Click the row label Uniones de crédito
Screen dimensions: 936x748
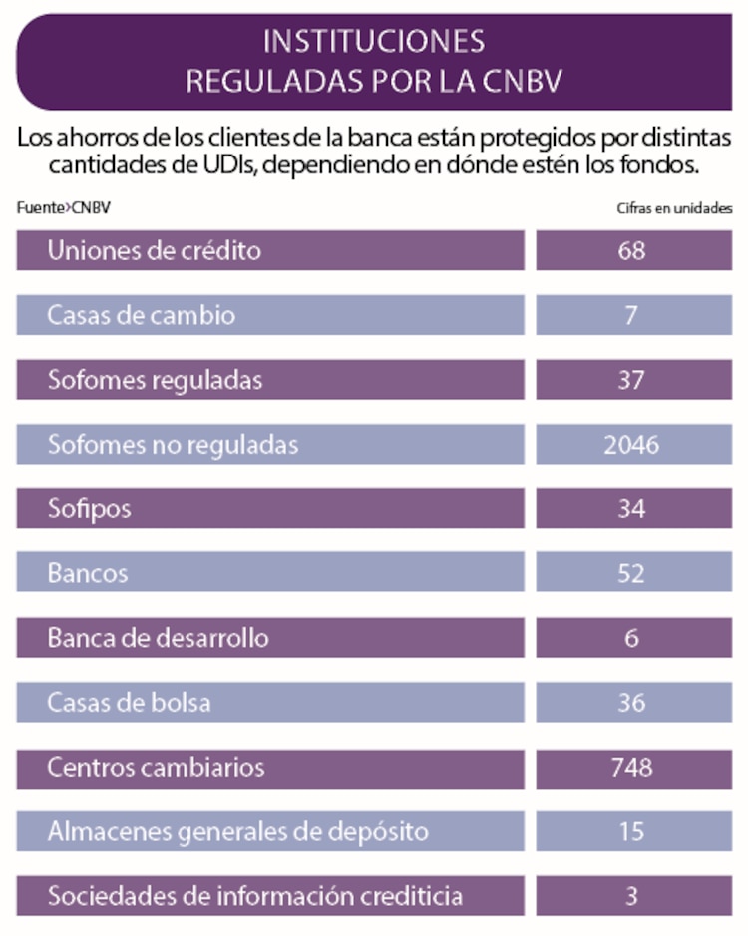point(155,251)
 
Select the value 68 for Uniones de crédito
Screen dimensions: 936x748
point(631,251)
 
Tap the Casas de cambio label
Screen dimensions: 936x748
point(142,316)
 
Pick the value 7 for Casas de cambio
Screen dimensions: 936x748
point(631,316)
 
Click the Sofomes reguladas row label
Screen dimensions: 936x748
point(156,380)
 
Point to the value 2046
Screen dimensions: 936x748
point(631,445)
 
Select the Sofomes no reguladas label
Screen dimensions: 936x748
point(173,445)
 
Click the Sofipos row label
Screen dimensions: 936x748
point(90,509)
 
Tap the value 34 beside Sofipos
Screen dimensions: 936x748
point(631,509)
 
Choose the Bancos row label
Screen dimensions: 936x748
point(88,574)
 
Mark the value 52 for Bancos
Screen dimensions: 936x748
point(631,574)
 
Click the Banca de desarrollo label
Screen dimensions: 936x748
point(159,638)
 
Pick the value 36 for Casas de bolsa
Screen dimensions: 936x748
point(631,703)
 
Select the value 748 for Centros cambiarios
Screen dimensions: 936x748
point(631,767)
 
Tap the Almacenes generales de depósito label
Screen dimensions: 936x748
point(238,831)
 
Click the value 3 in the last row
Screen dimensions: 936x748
point(631,896)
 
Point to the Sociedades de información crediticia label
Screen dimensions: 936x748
point(255,896)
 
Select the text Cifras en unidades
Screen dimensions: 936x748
point(675,208)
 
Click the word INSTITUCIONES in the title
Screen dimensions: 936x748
point(374,41)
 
